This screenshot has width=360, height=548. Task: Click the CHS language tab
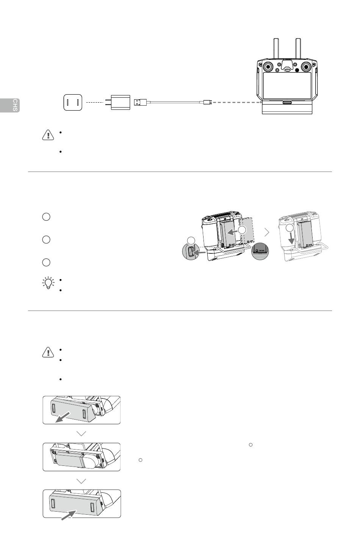tap(9, 105)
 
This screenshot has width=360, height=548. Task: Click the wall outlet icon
tap(73, 103)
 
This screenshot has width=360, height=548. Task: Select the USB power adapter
tap(118, 102)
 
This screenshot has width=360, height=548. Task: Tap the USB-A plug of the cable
tap(140, 102)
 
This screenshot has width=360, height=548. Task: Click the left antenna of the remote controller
tap(276, 48)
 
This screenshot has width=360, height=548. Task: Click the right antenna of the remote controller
tap(298, 48)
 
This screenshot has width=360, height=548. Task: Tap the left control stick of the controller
tap(268, 67)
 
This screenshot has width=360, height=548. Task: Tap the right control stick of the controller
tap(306, 67)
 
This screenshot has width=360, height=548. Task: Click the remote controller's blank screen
tap(287, 86)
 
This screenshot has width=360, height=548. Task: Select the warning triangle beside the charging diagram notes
tap(48, 135)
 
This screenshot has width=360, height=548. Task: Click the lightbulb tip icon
tap(48, 283)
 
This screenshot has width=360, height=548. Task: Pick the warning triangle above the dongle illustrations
tap(48, 352)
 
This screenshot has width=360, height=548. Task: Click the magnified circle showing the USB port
tap(190, 252)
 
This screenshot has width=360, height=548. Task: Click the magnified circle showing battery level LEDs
tap(260, 251)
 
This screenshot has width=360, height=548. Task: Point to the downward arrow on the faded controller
tap(291, 237)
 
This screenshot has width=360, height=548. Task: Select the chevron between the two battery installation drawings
tap(267, 233)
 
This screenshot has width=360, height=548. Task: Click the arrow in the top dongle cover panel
tap(63, 417)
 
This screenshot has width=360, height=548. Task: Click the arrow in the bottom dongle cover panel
tap(69, 515)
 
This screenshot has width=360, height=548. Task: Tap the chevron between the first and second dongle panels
tap(81, 434)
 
